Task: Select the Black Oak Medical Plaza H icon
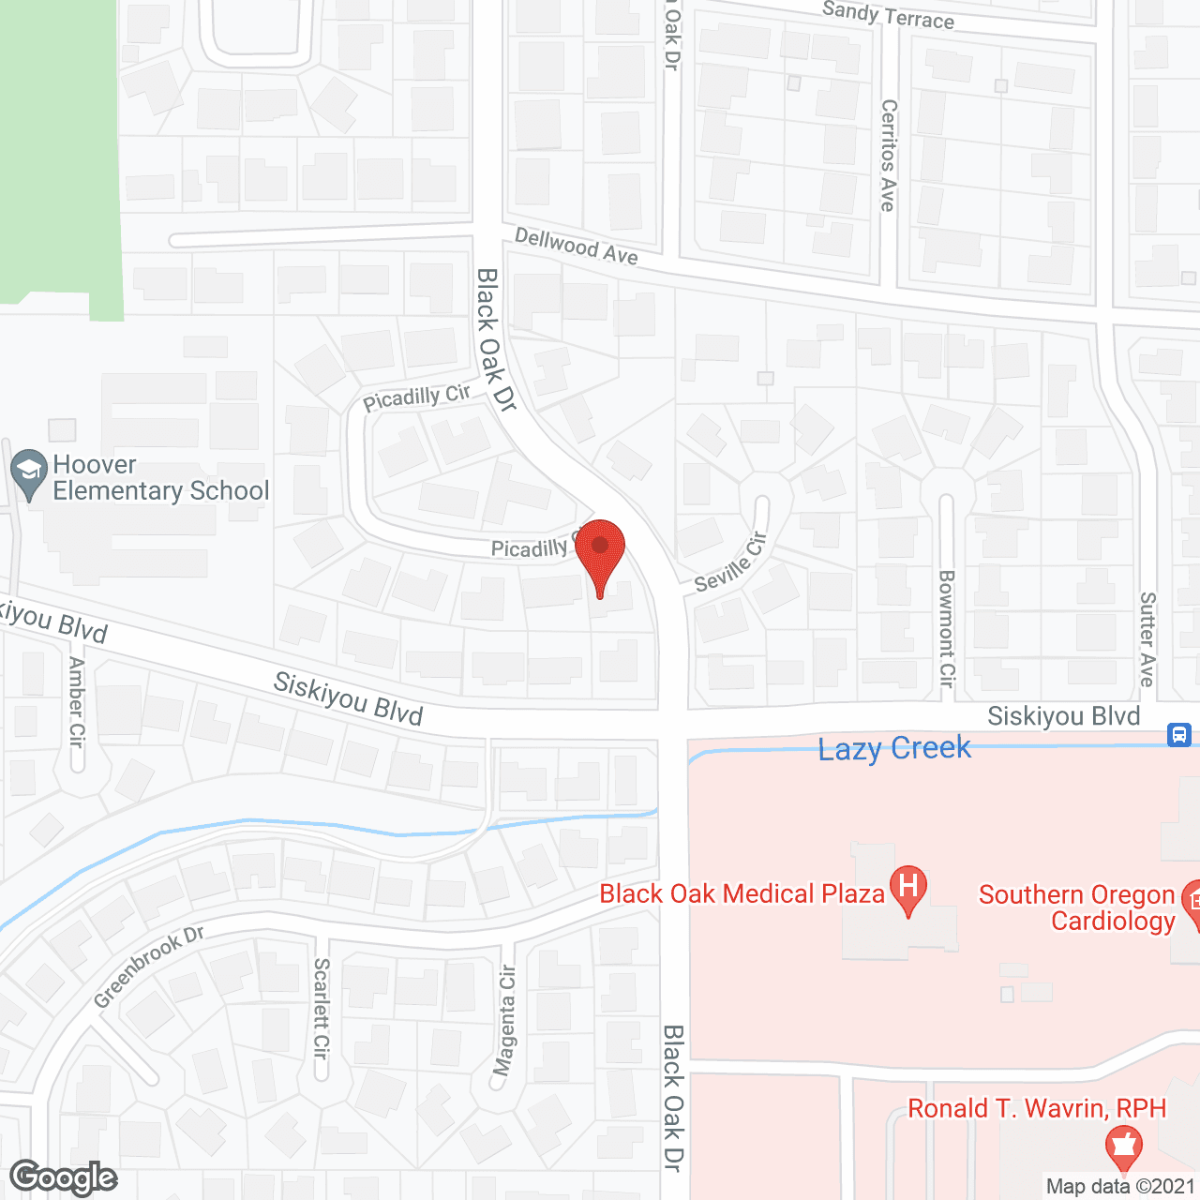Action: (x=907, y=889)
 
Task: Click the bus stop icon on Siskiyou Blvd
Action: (x=1179, y=735)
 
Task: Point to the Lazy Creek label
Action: (x=894, y=748)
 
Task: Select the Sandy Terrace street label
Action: (x=888, y=15)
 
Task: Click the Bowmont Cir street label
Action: (x=947, y=628)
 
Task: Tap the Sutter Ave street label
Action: (x=1147, y=639)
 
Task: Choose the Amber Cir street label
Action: (x=77, y=701)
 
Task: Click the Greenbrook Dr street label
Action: (x=149, y=967)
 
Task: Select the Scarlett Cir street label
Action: (x=322, y=1008)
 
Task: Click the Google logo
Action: (x=64, y=1177)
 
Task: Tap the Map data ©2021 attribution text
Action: (x=1120, y=1187)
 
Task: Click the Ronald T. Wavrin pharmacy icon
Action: (x=1123, y=1146)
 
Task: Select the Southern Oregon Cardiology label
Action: (x=1076, y=907)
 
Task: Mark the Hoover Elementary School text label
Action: (x=160, y=478)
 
